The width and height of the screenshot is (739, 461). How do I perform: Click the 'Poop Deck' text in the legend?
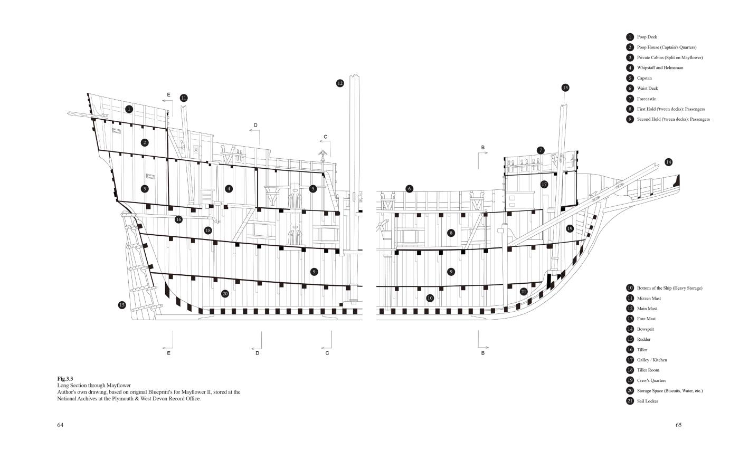(647, 37)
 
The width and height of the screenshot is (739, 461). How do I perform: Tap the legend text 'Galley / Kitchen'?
(652, 360)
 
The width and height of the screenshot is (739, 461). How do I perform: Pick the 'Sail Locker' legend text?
(647, 401)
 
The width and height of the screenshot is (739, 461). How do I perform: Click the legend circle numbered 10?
(630, 288)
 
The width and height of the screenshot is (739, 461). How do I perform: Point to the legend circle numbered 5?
(630, 78)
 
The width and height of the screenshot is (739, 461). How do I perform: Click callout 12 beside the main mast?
(340, 83)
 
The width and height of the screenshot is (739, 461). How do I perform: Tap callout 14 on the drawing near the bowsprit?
(668, 162)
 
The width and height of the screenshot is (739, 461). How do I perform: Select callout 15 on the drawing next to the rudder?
(122, 305)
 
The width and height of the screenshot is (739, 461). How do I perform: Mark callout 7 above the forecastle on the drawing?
(541, 150)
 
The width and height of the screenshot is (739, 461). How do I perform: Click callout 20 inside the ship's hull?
(225, 294)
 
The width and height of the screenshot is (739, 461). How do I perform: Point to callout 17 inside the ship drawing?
(544, 185)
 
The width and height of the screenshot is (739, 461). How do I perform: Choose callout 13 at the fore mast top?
(565, 88)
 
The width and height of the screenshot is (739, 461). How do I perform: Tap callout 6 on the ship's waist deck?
(409, 189)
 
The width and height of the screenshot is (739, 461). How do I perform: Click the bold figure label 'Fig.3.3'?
(65, 379)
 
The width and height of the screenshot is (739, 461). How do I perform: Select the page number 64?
(60, 425)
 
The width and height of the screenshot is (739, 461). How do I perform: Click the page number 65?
(678, 425)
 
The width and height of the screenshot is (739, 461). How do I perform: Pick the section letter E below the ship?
(169, 353)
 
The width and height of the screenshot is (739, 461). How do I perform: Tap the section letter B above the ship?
(482, 147)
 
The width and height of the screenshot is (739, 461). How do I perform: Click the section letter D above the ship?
(255, 126)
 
